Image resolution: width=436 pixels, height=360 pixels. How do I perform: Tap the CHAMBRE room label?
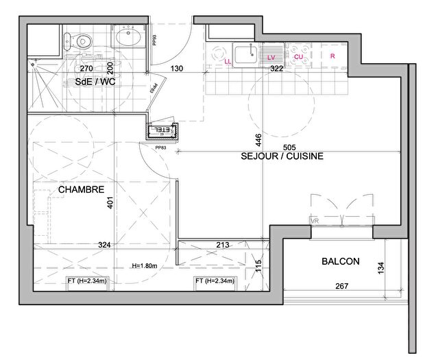(x=81, y=189)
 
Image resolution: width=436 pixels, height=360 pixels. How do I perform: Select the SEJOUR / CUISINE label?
(x=282, y=156)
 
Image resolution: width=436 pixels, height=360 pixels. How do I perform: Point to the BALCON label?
(x=341, y=261)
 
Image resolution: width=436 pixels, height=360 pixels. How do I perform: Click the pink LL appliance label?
(x=228, y=61)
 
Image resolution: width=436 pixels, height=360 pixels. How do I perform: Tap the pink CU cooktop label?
(x=299, y=56)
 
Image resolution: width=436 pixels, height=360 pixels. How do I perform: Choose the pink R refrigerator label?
(x=332, y=56)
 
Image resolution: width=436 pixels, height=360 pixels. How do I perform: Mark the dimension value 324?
(x=104, y=245)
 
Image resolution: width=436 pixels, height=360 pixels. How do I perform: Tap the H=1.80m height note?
(x=146, y=266)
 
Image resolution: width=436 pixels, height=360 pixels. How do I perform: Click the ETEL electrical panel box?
(x=163, y=130)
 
